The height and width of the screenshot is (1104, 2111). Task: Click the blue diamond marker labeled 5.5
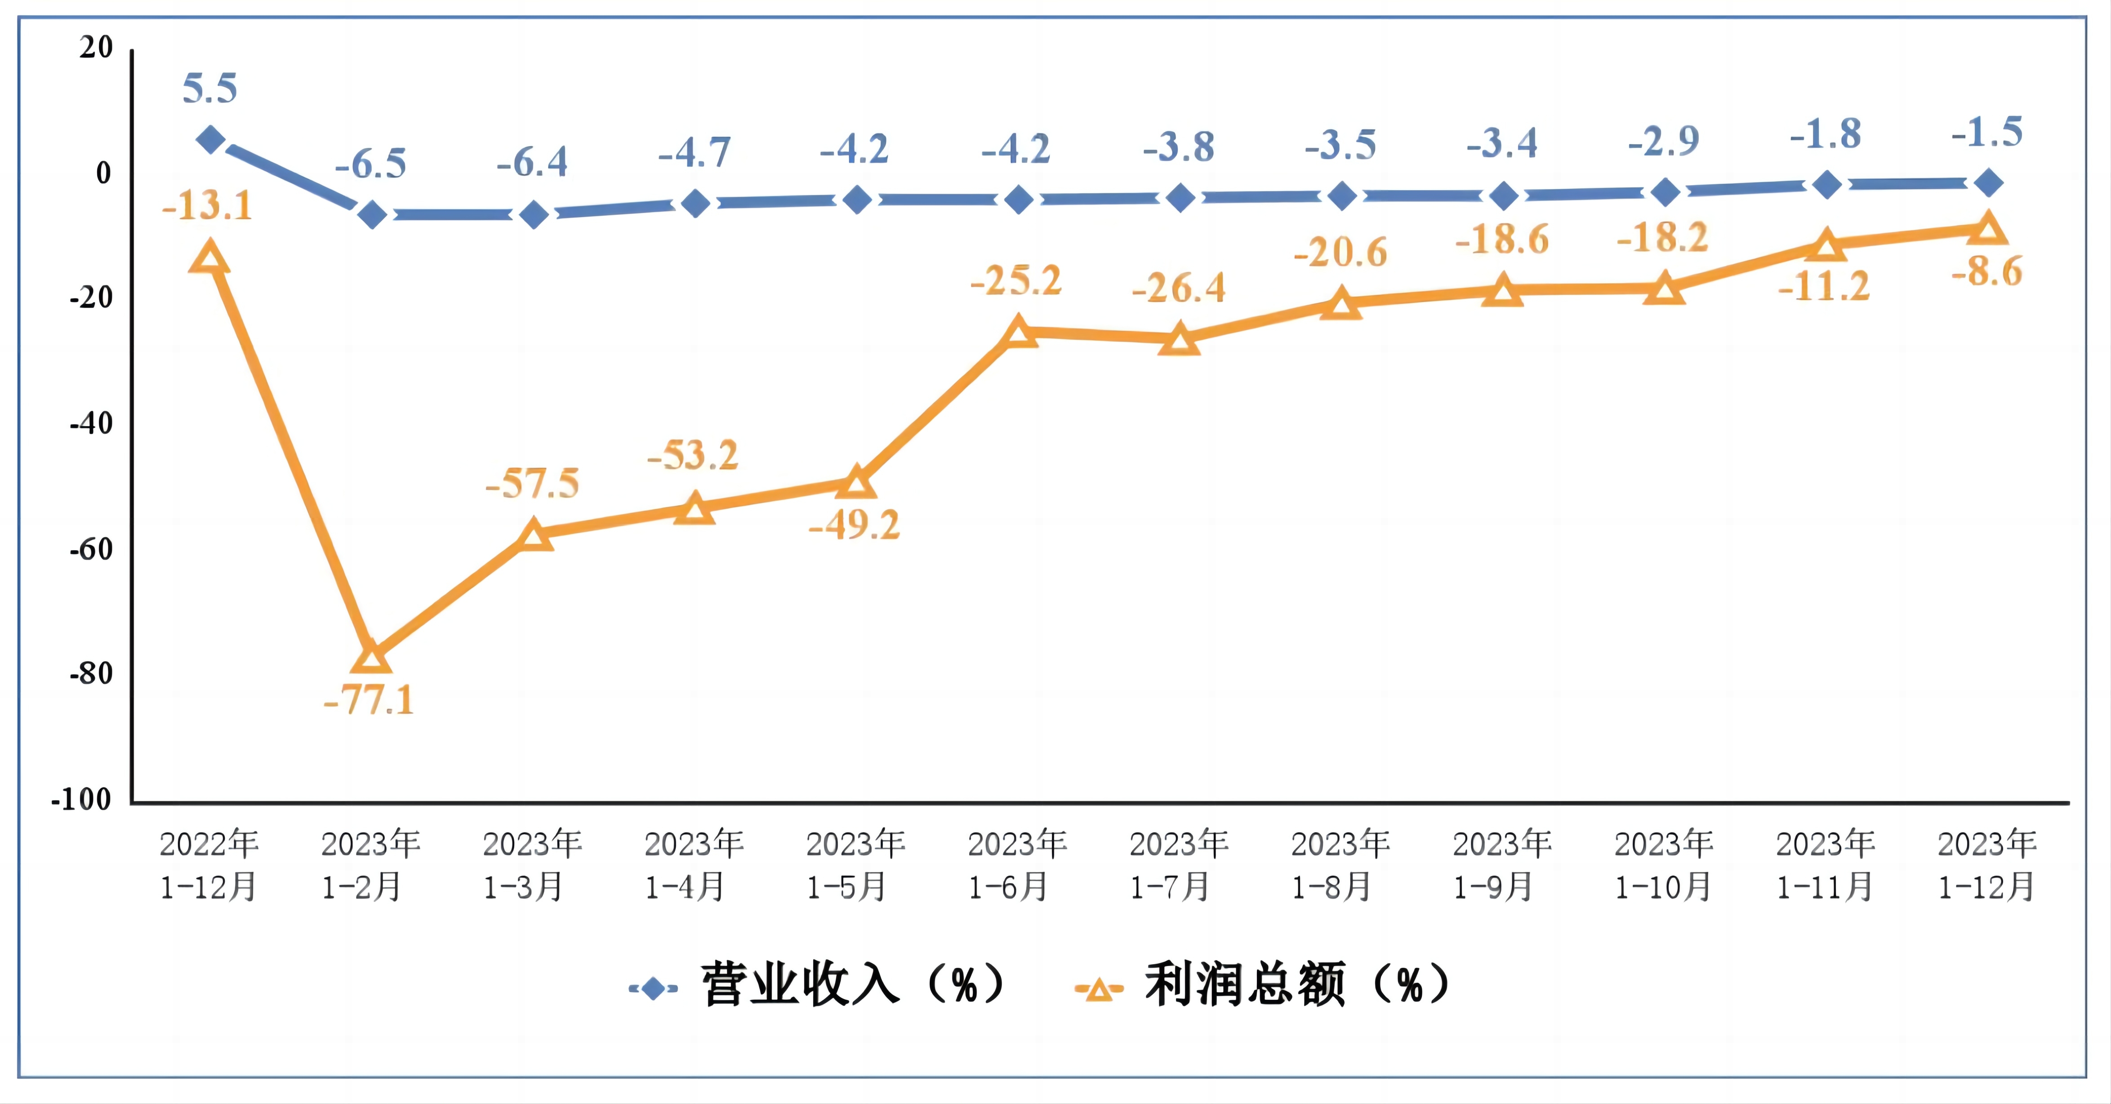pyautogui.click(x=211, y=139)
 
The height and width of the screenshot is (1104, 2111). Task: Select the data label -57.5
pyautogui.click(x=533, y=484)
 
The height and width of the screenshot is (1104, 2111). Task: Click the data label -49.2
pyautogui.click(x=855, y=525)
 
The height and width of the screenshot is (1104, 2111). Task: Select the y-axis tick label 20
pyautogui.click(x=96, y=48)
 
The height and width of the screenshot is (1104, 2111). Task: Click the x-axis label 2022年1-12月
pyautogui.click(x=209, y=865)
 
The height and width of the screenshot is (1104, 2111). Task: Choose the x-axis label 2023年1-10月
pyautogui.click(x=1664, y=865)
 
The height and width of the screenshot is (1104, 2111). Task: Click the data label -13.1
pyautogui.click(x=207, y=205)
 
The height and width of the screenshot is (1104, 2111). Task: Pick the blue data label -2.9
pyautogui.click(x=1664, y=141)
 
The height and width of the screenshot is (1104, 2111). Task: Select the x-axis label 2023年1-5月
pyautogui.click(x=855, y=865)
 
